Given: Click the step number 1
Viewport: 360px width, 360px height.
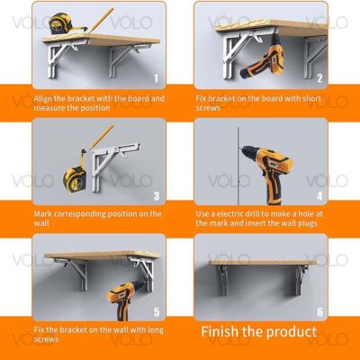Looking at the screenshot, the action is (156, 78).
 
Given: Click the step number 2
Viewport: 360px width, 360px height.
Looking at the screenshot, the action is (319, 78).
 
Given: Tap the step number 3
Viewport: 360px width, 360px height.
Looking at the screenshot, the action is (157, 196).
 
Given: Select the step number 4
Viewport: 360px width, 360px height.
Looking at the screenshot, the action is (319, 196).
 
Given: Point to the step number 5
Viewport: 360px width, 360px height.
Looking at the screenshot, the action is (157, 312).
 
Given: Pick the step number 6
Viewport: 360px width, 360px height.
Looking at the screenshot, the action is (319, 312).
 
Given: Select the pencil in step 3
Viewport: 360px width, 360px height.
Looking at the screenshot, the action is (101, 137).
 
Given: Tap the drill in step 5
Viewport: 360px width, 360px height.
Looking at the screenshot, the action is (125, 300).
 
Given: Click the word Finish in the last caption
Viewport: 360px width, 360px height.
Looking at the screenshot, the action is (220, 332).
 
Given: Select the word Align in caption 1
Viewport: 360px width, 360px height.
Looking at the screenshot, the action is (43, 99).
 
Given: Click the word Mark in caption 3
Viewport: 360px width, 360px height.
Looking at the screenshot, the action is (43, 214).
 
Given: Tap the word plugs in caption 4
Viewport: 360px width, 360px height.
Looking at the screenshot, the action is (308, 223).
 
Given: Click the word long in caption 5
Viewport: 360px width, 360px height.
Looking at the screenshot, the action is (156, 330).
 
